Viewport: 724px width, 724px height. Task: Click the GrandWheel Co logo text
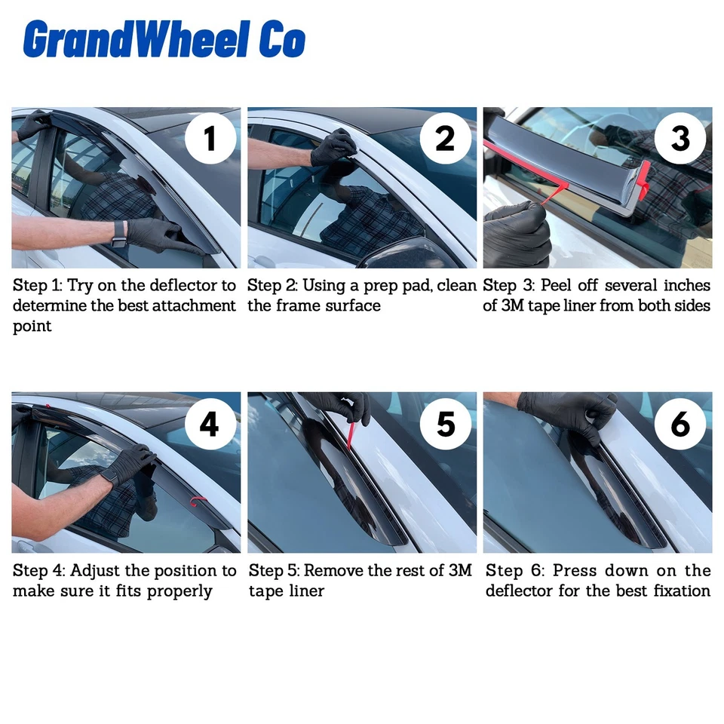click(x=164, y=39)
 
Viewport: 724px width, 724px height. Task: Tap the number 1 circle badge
click(x=210, y=138)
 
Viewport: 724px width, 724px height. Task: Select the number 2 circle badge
click(x=446, y=138)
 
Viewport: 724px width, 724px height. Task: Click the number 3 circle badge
click(x=680, y=138)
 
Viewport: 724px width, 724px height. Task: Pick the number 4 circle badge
click(x=210, y=424)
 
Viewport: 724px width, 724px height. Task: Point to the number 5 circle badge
click(x=446, y=424)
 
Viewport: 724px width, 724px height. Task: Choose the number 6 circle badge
click(x=680, y=424)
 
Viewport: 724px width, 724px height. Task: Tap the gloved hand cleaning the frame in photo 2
click(x=333, y=148)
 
